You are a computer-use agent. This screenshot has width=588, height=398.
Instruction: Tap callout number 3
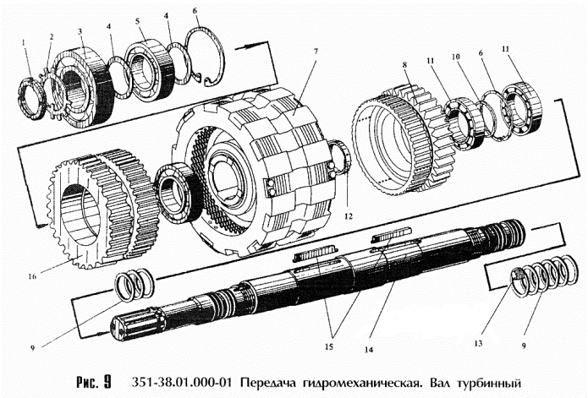click(x=80, y=31)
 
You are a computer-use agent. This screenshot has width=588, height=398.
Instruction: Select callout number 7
click(x=314, y=52)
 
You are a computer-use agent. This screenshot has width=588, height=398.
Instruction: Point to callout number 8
click(x=405, y=63)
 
